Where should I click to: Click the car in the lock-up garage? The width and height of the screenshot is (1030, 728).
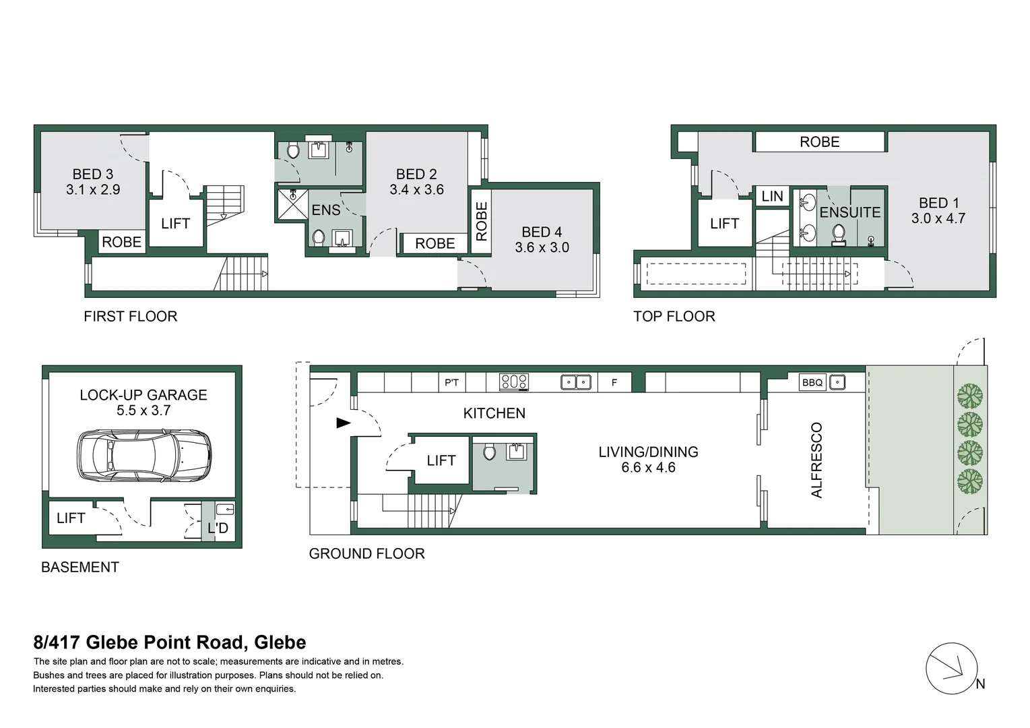(144, 456)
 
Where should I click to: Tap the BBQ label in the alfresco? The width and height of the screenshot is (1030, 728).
(812, 382)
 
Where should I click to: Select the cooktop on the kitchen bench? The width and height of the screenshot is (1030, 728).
(513, 382)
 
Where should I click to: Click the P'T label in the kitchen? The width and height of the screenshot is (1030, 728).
(451, 382)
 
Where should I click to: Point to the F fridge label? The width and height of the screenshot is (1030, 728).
(614, 382)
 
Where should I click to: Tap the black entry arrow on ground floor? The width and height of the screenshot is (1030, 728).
(344, 423)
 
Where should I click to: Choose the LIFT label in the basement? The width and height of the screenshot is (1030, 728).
(70, 518)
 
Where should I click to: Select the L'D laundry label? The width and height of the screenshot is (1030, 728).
(218, 527)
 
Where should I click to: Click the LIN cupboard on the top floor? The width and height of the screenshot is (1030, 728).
(772, 197)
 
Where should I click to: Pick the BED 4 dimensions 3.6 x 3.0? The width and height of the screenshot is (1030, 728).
(542, 247)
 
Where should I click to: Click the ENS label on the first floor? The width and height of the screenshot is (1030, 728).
(326, 210)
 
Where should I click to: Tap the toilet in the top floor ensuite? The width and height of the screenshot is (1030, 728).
(839, 234)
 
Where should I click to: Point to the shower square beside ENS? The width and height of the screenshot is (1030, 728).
(292, 204)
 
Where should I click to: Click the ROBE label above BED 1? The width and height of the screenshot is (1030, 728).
(819, 142)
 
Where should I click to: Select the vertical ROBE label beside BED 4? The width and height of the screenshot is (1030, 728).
(481, 221)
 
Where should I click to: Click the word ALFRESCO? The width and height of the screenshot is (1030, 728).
(816, 460)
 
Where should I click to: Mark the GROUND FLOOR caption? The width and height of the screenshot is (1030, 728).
(366, 553)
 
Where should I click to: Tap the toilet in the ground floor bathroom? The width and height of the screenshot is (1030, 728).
(489, 452)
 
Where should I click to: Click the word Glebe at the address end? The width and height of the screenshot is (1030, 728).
(280, 642)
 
